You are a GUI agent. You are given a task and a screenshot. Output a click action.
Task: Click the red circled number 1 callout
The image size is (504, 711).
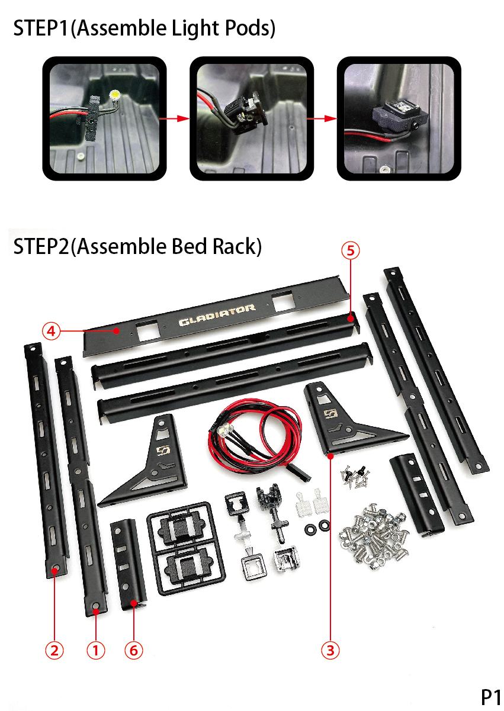pyautogui.click(x=95, y=651)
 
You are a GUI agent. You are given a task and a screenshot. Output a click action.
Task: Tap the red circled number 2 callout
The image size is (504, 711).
pyautogui.click(x=54, y=651)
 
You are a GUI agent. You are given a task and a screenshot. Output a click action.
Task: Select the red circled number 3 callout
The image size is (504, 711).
pyautogui.click(x=330, y=651)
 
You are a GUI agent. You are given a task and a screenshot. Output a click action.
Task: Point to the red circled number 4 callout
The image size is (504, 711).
pyautogui.click(x=51, y=332)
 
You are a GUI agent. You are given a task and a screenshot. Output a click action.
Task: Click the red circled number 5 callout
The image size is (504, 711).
pyautogui.click(x=351, y=250)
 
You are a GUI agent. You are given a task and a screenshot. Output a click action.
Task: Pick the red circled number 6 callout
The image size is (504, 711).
pyautogui.click(x=133, y=651)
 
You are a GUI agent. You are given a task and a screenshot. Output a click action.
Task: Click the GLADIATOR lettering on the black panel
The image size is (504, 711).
pyautogui.click(x=217, y=315)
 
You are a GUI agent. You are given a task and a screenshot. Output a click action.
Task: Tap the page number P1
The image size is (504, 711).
pyautogui.click(x=490, y=697)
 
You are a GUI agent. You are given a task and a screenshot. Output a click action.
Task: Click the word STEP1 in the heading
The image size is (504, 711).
pyautogui.click(x=41, y=28)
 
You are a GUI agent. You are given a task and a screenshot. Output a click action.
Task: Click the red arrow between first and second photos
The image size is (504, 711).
pyautogui.click(x=174, y=119)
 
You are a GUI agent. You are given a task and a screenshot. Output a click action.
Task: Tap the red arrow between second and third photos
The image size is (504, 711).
pyautogui.click(x=321, y=119)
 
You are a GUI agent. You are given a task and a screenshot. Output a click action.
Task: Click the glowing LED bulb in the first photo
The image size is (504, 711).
pyautogui.click(x=114, y=94)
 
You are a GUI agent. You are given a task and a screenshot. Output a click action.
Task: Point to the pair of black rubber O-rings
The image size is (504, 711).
pyautogui.click(x=317, y=527)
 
